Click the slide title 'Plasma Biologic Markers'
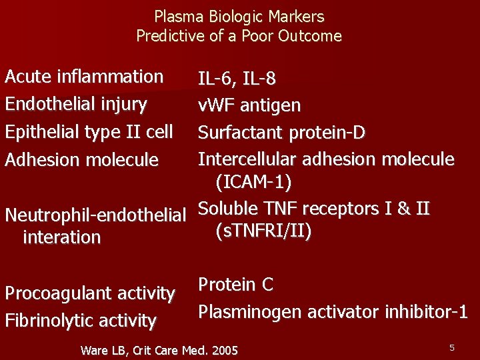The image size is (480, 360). pos(239,17)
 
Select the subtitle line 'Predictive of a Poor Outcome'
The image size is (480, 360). pos(239,36)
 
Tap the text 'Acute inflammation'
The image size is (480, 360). pos(84,77)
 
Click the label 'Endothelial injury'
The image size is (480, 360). pos(76,104)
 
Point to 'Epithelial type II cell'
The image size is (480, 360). pos(89,132)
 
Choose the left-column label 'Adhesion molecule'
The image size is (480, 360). pos(81,160)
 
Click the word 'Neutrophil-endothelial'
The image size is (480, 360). pos(95,215)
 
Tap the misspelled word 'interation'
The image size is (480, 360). pos(61,237)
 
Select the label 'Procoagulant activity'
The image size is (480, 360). pos(90,293)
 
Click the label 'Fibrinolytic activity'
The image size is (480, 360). pos(81,321)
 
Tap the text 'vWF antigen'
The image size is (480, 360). pos(249,105)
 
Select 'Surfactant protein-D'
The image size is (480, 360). pos(281,133)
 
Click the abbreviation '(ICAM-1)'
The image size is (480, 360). pos(253,181)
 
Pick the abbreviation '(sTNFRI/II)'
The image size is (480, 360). pos(263,231)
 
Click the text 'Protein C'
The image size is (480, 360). pos(236,285)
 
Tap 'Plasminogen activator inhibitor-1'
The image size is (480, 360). pos(333,311)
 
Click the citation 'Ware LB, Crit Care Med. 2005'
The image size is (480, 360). pos(159,350)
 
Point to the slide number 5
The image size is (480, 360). pos(451,347)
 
